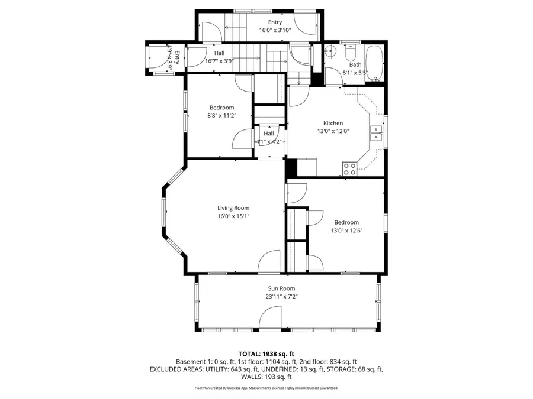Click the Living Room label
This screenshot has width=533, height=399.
pyautogui.click(x=233, y=207)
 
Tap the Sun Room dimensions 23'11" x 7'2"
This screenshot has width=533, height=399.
pyautogui.click(x=281, y=297)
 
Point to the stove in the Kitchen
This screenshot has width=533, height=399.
pyautogui.click(x=349, y=168)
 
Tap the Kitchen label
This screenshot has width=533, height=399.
pyautogui.click(x=333, y=123)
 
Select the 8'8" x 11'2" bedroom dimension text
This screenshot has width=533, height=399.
pyautogui.click(x=221, y=116)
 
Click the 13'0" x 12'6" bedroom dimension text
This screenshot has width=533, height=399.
pyautogui.click(x=346, y=231)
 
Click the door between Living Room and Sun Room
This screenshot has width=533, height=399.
pyautogui.click(x=269, y=262)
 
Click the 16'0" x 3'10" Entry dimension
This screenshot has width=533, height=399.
pyautogui.click(x=275, y=30)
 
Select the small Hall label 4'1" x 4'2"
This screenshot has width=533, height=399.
pyautogui.click(x=269, y=142)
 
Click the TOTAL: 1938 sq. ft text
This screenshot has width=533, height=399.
pyautogui.click(x=266, y=353)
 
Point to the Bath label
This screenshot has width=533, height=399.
pyautogui.click(x=355, y=65)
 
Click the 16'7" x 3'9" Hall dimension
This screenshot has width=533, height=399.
pyautogui.click(x=219, y=61)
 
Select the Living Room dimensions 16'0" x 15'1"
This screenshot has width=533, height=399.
pyautogui.click(x=233, y=216)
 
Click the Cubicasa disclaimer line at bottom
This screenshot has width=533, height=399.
pyautogui.click(x=266, y=388)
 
